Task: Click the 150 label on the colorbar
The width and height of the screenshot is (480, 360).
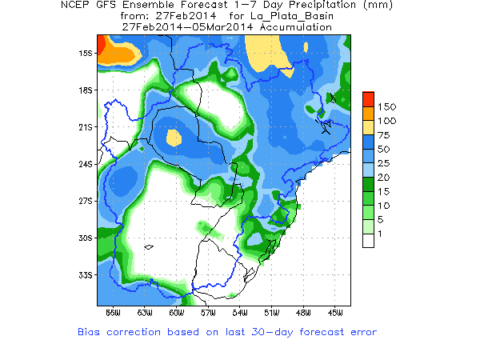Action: (x=387, y=106)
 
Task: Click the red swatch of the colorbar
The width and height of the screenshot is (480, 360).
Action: (x=368, y=98)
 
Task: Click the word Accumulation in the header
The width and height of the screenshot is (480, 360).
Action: (x=293, y=26)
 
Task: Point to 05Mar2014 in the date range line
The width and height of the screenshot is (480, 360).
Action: (x=223, y=26)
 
